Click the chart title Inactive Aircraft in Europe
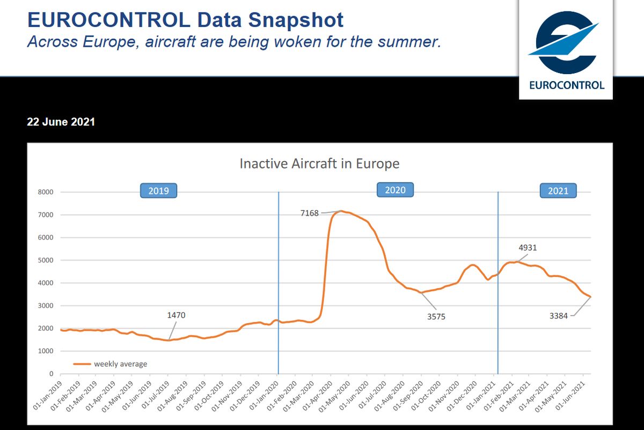tap(319, 163)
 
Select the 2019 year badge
tap(158, 191)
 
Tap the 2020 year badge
tap(396, 190)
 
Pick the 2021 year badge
tap(558, 191)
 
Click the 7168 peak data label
tap(310, 213)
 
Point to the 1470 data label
tap(176, 316)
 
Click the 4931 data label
tap(528, 248)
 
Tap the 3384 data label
tap(558, 316)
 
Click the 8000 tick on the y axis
tap(46, 192)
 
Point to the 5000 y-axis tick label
tap(46, 260)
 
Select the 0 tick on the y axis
tap(52, 374)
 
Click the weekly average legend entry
tap(120, 364)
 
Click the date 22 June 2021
tap(61, 122)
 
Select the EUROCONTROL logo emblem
tap(566, 42)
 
